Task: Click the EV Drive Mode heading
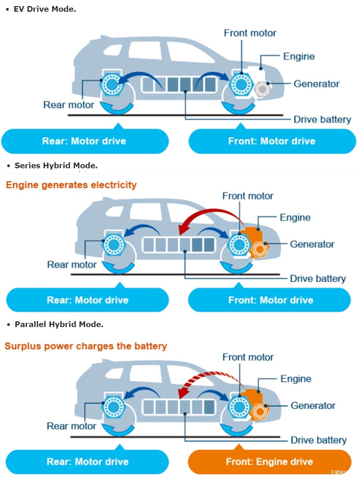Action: point(45,9)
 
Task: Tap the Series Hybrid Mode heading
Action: point(56,166)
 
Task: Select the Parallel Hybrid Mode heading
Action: point(59,324)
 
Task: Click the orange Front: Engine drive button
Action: point(269,462)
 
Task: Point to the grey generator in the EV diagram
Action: point(262,89)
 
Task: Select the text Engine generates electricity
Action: point(71,185)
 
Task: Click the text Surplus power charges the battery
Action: point(86,346)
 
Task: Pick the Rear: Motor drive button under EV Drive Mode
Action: point(84,141)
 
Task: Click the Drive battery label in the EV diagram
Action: point(322,120)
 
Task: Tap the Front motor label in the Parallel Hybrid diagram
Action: point(248,357)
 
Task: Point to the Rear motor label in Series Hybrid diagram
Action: point(72,265)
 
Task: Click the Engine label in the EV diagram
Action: point(299,56)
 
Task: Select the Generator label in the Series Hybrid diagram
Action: point(312,244)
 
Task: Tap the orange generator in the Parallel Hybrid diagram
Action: point(260,411)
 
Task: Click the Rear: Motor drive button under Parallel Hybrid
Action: point(87,462)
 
